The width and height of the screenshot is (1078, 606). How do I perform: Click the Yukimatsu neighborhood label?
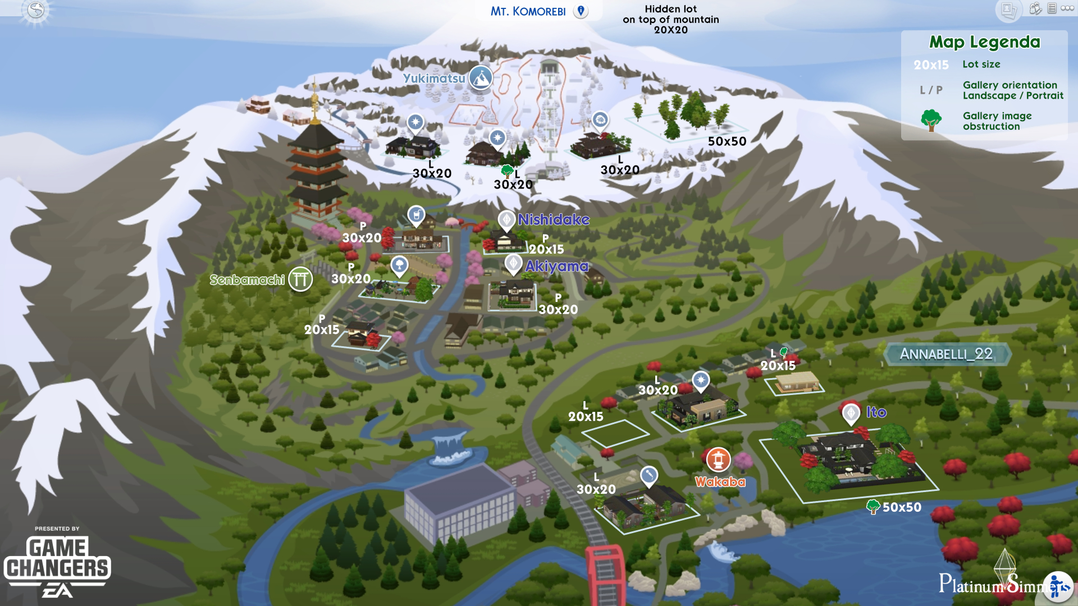[x=433, y=79]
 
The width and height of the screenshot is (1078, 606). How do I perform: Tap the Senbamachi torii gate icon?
[x=300, y=279]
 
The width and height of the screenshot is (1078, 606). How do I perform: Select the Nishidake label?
[x=553, y=219]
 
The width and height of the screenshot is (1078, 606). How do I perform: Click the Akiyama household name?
[x=556, y=266]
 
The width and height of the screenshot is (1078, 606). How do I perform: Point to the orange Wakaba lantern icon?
[x=718, y=460]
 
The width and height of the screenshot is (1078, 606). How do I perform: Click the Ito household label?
[x=876, y=412]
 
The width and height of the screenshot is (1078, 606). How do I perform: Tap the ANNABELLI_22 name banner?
[x=947, y=354]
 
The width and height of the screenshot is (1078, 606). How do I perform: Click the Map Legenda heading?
[x=984, y=42]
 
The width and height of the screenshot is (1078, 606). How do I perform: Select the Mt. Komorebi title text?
[x=528, y=11]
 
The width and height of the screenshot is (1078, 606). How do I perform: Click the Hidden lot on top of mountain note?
[x=670, y=19]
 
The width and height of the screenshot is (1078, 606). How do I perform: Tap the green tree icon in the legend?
[x=931, y=120]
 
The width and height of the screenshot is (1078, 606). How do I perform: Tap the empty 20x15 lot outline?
[x=615, y=433]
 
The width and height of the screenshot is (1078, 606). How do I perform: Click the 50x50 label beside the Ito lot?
[x=902, y=507]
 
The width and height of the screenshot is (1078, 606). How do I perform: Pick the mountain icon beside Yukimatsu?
[x=481, y=78]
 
